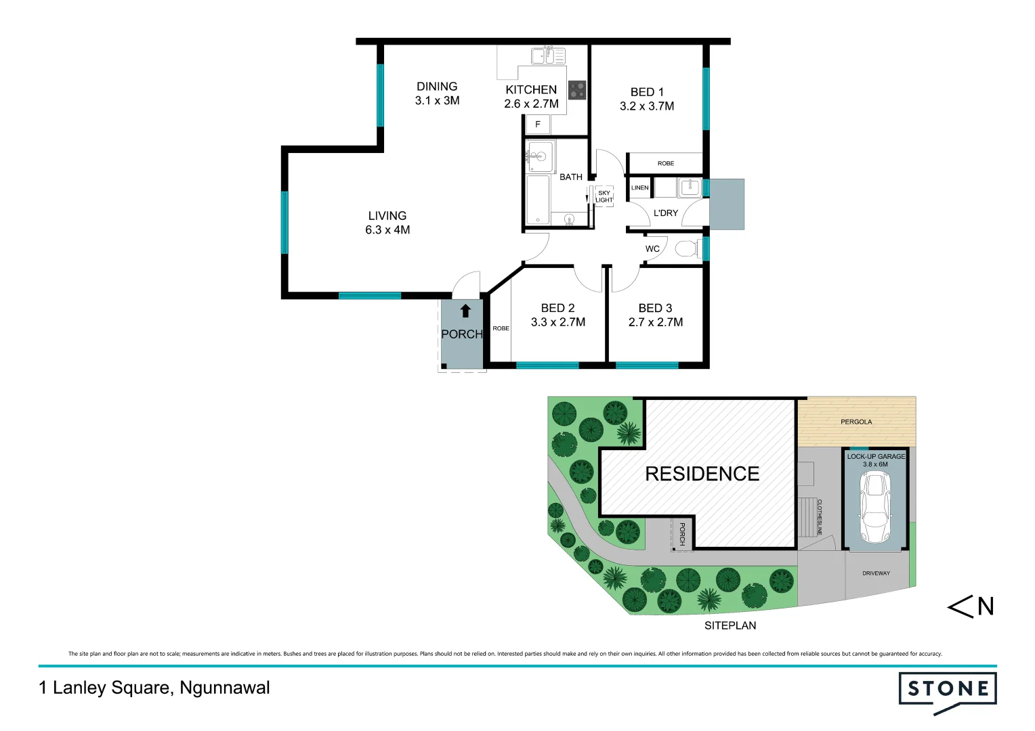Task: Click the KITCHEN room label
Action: click(x=531, y=89)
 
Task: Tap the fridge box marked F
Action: click(x=538, y=125)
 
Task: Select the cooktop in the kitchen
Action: click(x=577, y=90)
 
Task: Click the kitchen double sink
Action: click(x=548, y=56)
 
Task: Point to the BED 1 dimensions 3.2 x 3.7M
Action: click(x=647, y=106)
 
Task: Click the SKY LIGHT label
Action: click(x=604, y=196)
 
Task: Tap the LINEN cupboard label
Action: click(x=639, y=187)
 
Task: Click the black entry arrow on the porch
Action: click(x=465, y=311)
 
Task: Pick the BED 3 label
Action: click(x=655, y=308)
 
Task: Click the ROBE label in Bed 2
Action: click(x=501, y=328)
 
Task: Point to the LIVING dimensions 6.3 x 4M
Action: click(x=387, y=230)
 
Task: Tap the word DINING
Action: click(x=437, y=86)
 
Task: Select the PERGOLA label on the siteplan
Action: click(x=856, y=422)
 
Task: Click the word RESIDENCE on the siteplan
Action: click(x=702, y=474)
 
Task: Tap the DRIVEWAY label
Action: click(x=876, y=573)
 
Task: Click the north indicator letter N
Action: click(x=986, y=606)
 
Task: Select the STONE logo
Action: click(x=948, y=690)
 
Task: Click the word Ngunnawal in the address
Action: click(x=225, y=688)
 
